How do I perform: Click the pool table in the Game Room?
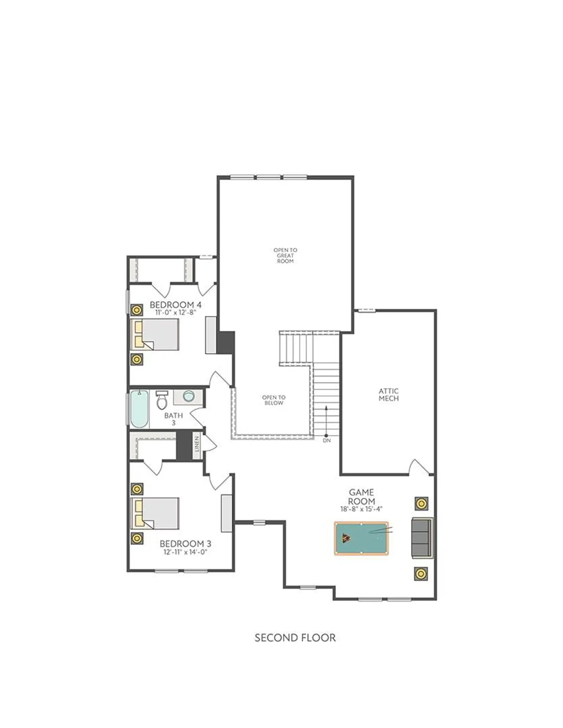click(x=361, y=538)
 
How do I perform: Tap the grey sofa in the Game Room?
click(x=422, y=538)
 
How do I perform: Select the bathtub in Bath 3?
click(x=140, y=409)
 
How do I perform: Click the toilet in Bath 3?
click(x=162, y=400)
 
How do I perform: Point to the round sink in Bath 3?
click(x=189, y=396)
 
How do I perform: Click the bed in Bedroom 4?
click(x=155, y=334)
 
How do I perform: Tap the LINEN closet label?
click(x=197, y=444)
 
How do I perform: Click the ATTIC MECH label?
click(x=388, y=394)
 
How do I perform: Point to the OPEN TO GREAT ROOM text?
click(x=285, y=255)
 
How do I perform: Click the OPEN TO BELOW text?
click(x=274, y=400)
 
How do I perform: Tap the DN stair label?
click(x=327, y=440)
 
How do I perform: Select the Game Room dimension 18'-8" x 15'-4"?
click(x=361, y=509)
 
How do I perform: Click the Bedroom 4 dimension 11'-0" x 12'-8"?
click(x=176, y=312)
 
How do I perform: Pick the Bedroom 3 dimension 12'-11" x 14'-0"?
click(x=185, y=552)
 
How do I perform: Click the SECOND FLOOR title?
click(x=295, y=638)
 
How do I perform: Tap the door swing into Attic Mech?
click(x=419, y=467)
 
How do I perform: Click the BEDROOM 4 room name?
click(x=176, y=304)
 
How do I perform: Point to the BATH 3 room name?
click(x=173, y=419)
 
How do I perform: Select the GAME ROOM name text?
click(x=361, y=496)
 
